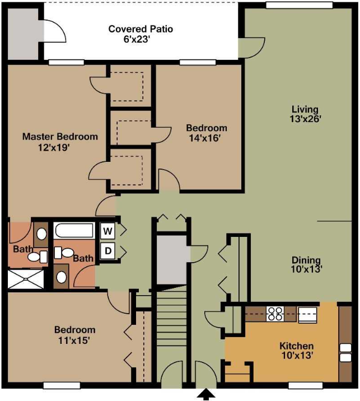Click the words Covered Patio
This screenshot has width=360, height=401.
point(141,29)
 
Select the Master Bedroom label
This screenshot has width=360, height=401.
point(60,136)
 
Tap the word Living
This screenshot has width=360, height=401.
point(305,109)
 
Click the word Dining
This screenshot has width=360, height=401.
point(306,260)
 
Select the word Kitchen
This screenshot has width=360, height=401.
point(296,346)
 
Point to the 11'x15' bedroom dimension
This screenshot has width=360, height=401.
point(74,339)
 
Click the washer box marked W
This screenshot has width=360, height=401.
point(107,231)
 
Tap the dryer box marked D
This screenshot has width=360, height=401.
point(107,250)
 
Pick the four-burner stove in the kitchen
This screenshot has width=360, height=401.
point(274,313)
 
